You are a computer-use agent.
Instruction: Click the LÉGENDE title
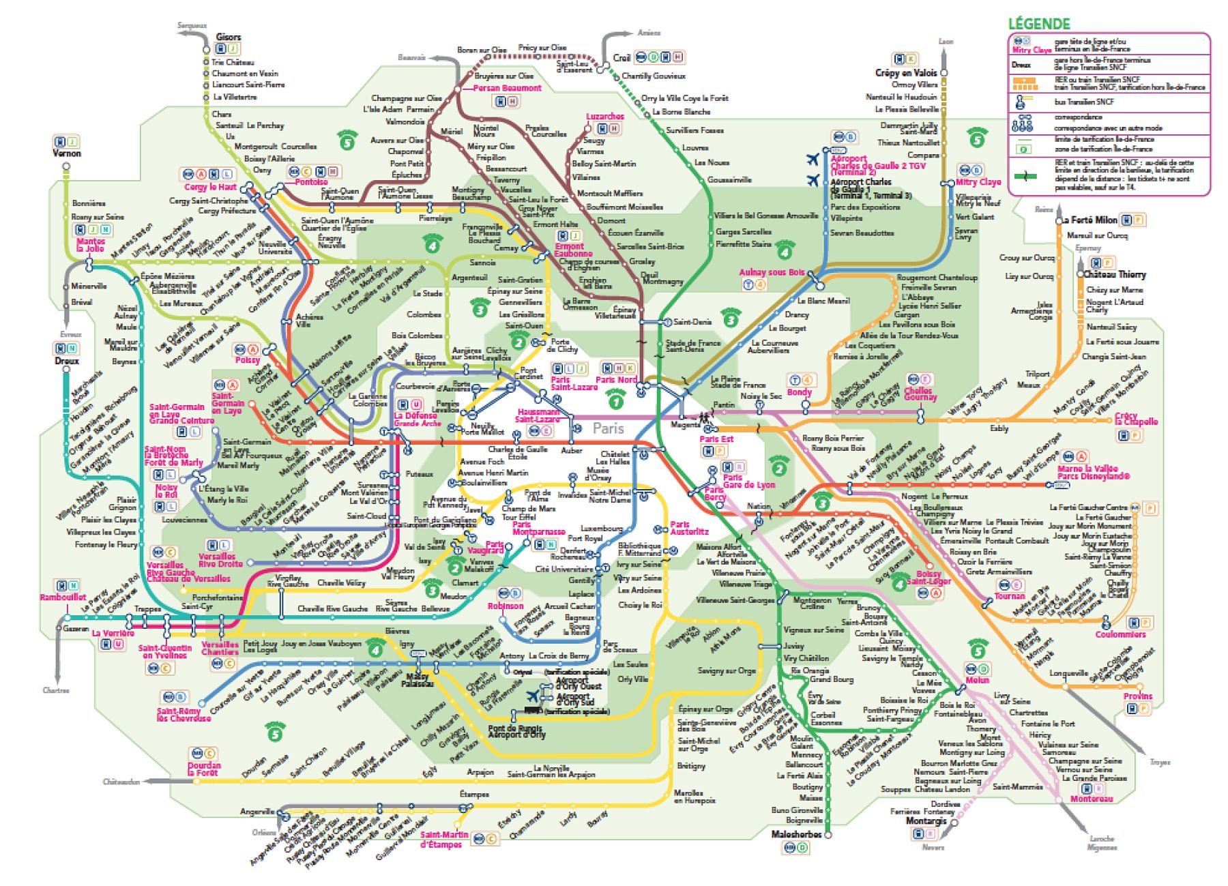pyautogui.click(x=1039, y=23)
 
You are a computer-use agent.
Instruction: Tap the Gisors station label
pyautogui.click(x=228, y=37)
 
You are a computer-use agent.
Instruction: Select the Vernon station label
pyautogui.click(x=67, y=153)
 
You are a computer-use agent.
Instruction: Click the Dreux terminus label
pyautogui.click(x=67, y=361)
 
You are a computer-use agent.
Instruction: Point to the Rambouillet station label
pyautogui.click(x=62, y=597)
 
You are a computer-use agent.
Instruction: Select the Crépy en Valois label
pyautogui.click(x=907, y=72)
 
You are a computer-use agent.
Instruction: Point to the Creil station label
pyautogui.click(x=622, y=58)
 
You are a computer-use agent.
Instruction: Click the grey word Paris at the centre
pyautogui.click(x=608, y=428)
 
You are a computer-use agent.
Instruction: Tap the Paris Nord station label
pyautogui.click(x=616, y=380)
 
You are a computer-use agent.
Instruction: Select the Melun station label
pyautogui.click(x=977, y=681)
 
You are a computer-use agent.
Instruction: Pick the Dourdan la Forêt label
pyautogui.click(x=204, y=769)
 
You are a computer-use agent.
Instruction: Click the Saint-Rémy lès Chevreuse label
pyautogui.click(x=183, y=714)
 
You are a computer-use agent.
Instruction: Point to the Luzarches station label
pyautogui.click(x=604, y=117)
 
